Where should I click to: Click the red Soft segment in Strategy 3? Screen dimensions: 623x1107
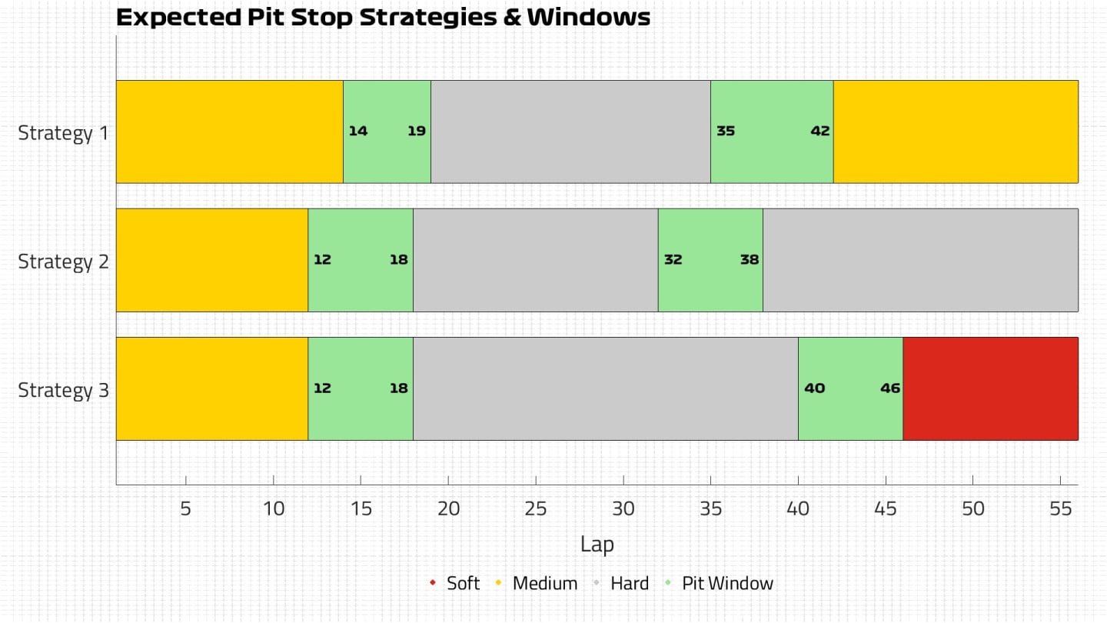click(x=990, y=388)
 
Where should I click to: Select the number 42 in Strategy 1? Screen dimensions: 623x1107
click(x=819, y=131)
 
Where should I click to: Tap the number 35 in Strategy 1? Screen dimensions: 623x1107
click(x=725, y=131)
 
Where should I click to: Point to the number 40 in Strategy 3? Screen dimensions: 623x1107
click(x=813, y=388)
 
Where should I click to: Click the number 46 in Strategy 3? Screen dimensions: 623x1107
click(x=889, y=388)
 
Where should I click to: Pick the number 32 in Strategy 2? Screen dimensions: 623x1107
click(x=673, y=260)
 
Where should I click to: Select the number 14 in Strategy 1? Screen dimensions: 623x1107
click(x=357, y=131)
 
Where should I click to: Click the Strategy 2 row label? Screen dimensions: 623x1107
click(x=64, y=262)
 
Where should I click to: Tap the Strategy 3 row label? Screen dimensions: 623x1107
click(x=64, y=390)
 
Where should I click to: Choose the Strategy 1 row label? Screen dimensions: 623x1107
click(x=64, y=133)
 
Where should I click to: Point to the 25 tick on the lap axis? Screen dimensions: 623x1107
click(x=536, y=508)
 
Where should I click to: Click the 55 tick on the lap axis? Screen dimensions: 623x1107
click(x=1060, y=508)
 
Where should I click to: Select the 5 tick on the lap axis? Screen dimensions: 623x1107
click(x=186, y=508)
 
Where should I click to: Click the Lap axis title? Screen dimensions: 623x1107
click(x=597, y=545)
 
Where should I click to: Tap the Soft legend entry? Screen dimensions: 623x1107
click(x=462, y=583)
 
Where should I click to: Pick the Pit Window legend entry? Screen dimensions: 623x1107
click(x=726, y=583)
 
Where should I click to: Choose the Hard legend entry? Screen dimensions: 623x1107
click(x=629, y=583)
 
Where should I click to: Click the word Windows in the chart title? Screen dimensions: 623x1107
click(x=588, y=17)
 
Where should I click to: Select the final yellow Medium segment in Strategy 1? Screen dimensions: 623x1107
click(x=956, y=131)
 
